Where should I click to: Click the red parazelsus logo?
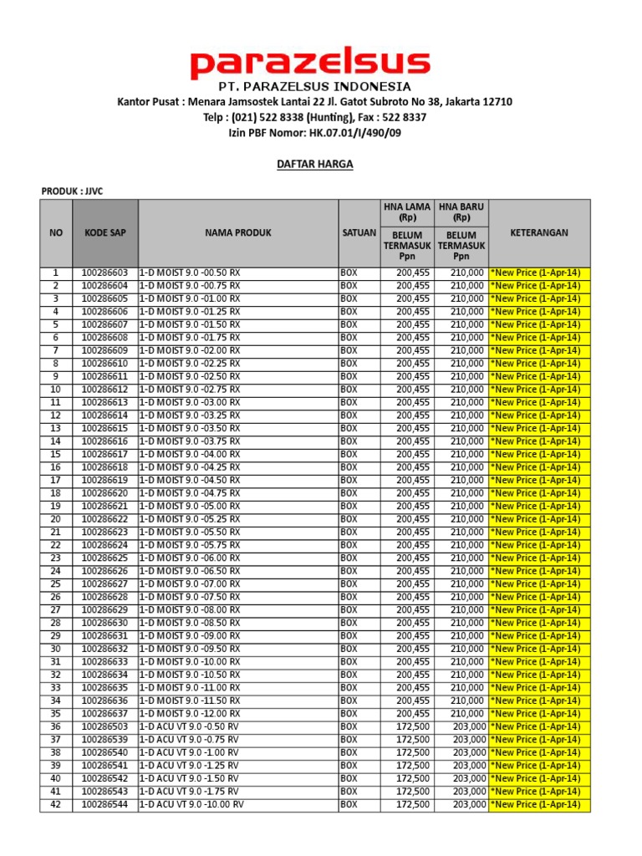tap(310, 64)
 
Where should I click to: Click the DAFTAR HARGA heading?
tap(314, 165)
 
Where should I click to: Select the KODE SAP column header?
tap(105, 232)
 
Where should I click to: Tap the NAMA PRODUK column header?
tap(238, 232)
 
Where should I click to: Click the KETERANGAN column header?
tap(539, 232)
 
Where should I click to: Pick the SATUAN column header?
tap(359, 232)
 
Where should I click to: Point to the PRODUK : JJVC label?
tap(77, 191)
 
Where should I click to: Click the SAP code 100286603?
tap(105, 273)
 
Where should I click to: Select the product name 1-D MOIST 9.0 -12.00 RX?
tap(190, 714)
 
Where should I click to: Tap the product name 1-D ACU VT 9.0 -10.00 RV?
tap(191, 805)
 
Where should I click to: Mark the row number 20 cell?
tap(56, 519)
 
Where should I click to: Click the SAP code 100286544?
tap(105, 805)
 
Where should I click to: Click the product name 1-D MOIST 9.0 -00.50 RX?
tap(190, 273)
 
